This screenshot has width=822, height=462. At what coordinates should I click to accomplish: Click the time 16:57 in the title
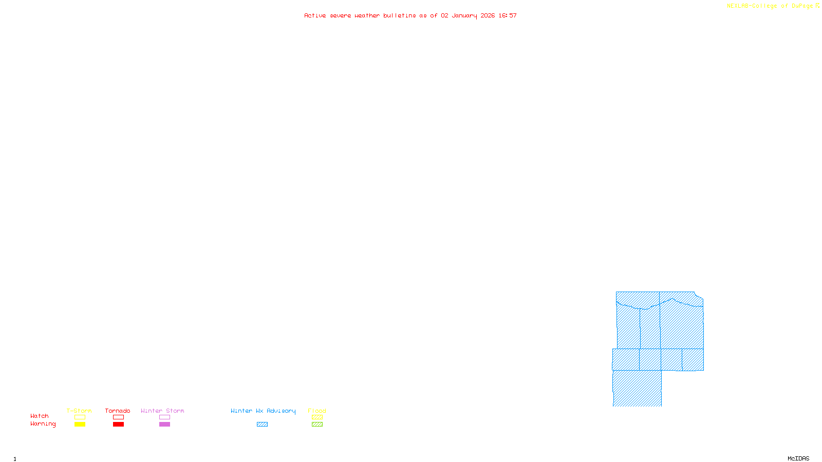coord(508,15)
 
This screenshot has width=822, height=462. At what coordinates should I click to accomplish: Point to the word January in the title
coord(464,15)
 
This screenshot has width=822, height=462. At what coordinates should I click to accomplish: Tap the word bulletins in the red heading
coord(400,15)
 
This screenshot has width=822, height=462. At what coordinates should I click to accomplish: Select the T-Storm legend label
coord(79,411)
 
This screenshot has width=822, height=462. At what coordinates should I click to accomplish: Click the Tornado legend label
coord(118,411)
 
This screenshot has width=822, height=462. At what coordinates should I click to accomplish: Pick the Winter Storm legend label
coord(162,411)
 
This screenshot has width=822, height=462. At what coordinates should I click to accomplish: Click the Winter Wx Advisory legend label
coord(263,411)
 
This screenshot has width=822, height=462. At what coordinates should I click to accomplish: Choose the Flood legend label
coord(317,411)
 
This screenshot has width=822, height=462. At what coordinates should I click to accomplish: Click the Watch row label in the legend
coord(40,416)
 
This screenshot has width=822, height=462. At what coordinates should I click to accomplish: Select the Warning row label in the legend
coord(43,424)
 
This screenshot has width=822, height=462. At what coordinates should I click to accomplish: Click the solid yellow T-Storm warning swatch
coord(80,425)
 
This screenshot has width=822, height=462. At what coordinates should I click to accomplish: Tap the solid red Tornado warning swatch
coord(119,425)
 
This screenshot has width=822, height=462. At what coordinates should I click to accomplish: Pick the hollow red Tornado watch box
coord(119,417)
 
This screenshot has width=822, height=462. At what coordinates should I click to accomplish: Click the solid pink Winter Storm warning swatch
coord(164,425)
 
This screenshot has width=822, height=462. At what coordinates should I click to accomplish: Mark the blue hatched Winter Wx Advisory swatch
coord(263,425)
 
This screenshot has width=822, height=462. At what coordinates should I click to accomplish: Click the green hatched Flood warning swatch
coord(317,425)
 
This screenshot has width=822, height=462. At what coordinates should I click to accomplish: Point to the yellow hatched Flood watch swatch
coord(317,417)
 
